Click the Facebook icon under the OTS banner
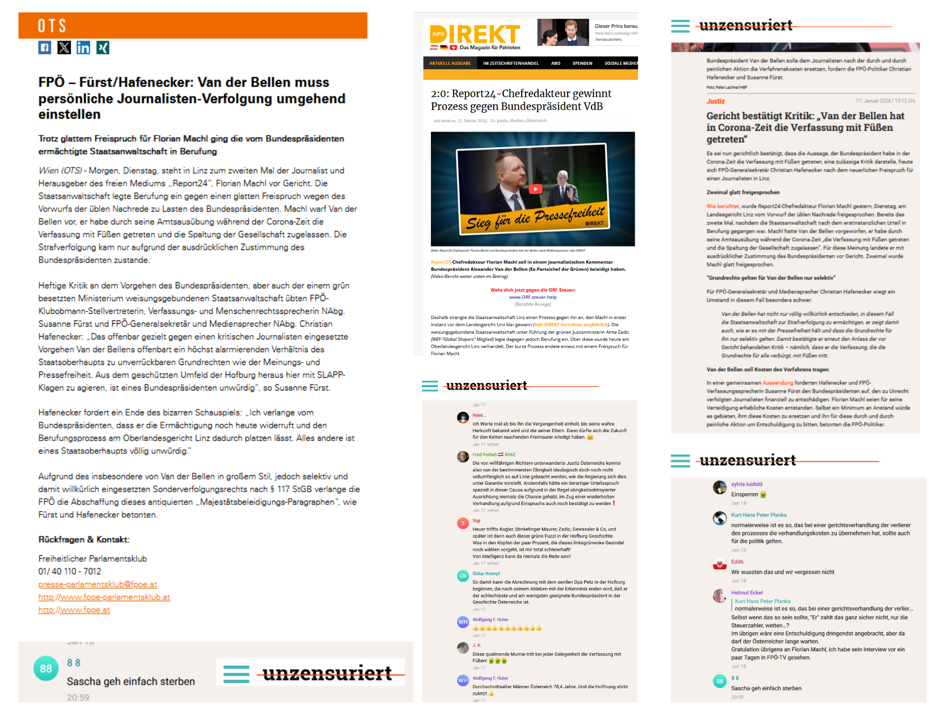pyautogui.click(x=45, y=48)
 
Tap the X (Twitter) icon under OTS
pyautogui.click(x=64, y=48)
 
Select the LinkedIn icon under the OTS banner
pyautogui.click(x=83, y=48)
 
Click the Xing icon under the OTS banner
pyautogui.click(x=103, y=48)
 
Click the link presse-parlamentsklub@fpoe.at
pyautogui.click(x=97, y=585)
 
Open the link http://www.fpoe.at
pyautogui.click(x=74, y=610)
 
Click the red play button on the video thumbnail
pyautogui.click(x=535, y=189)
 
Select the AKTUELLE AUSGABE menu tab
pyautogui.click(x=450, y=63)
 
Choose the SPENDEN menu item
pyautogui.click(x=582, y=63)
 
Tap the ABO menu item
pyautogui.click(x=556, y=63)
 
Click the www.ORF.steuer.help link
pyautogui.click(x=533, y=297)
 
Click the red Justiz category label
pyautogui.click(x=715, y=101)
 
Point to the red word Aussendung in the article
pyautogui.click(x=778, y=383)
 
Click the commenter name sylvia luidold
pyautogui.click(x=746, y=484)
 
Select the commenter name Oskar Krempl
pyautogui.click(x=486, y=574)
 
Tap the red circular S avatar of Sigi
pyautogui.click(x=463, y=523)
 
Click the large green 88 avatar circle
pyautogui.click(x=46, y=668)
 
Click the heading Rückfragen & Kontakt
pyautogui.click(x=84, y=540)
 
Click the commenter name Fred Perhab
pyautogui.click(x=484, y=454)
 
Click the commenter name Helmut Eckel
pyautogui.click(x=746, y=593)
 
